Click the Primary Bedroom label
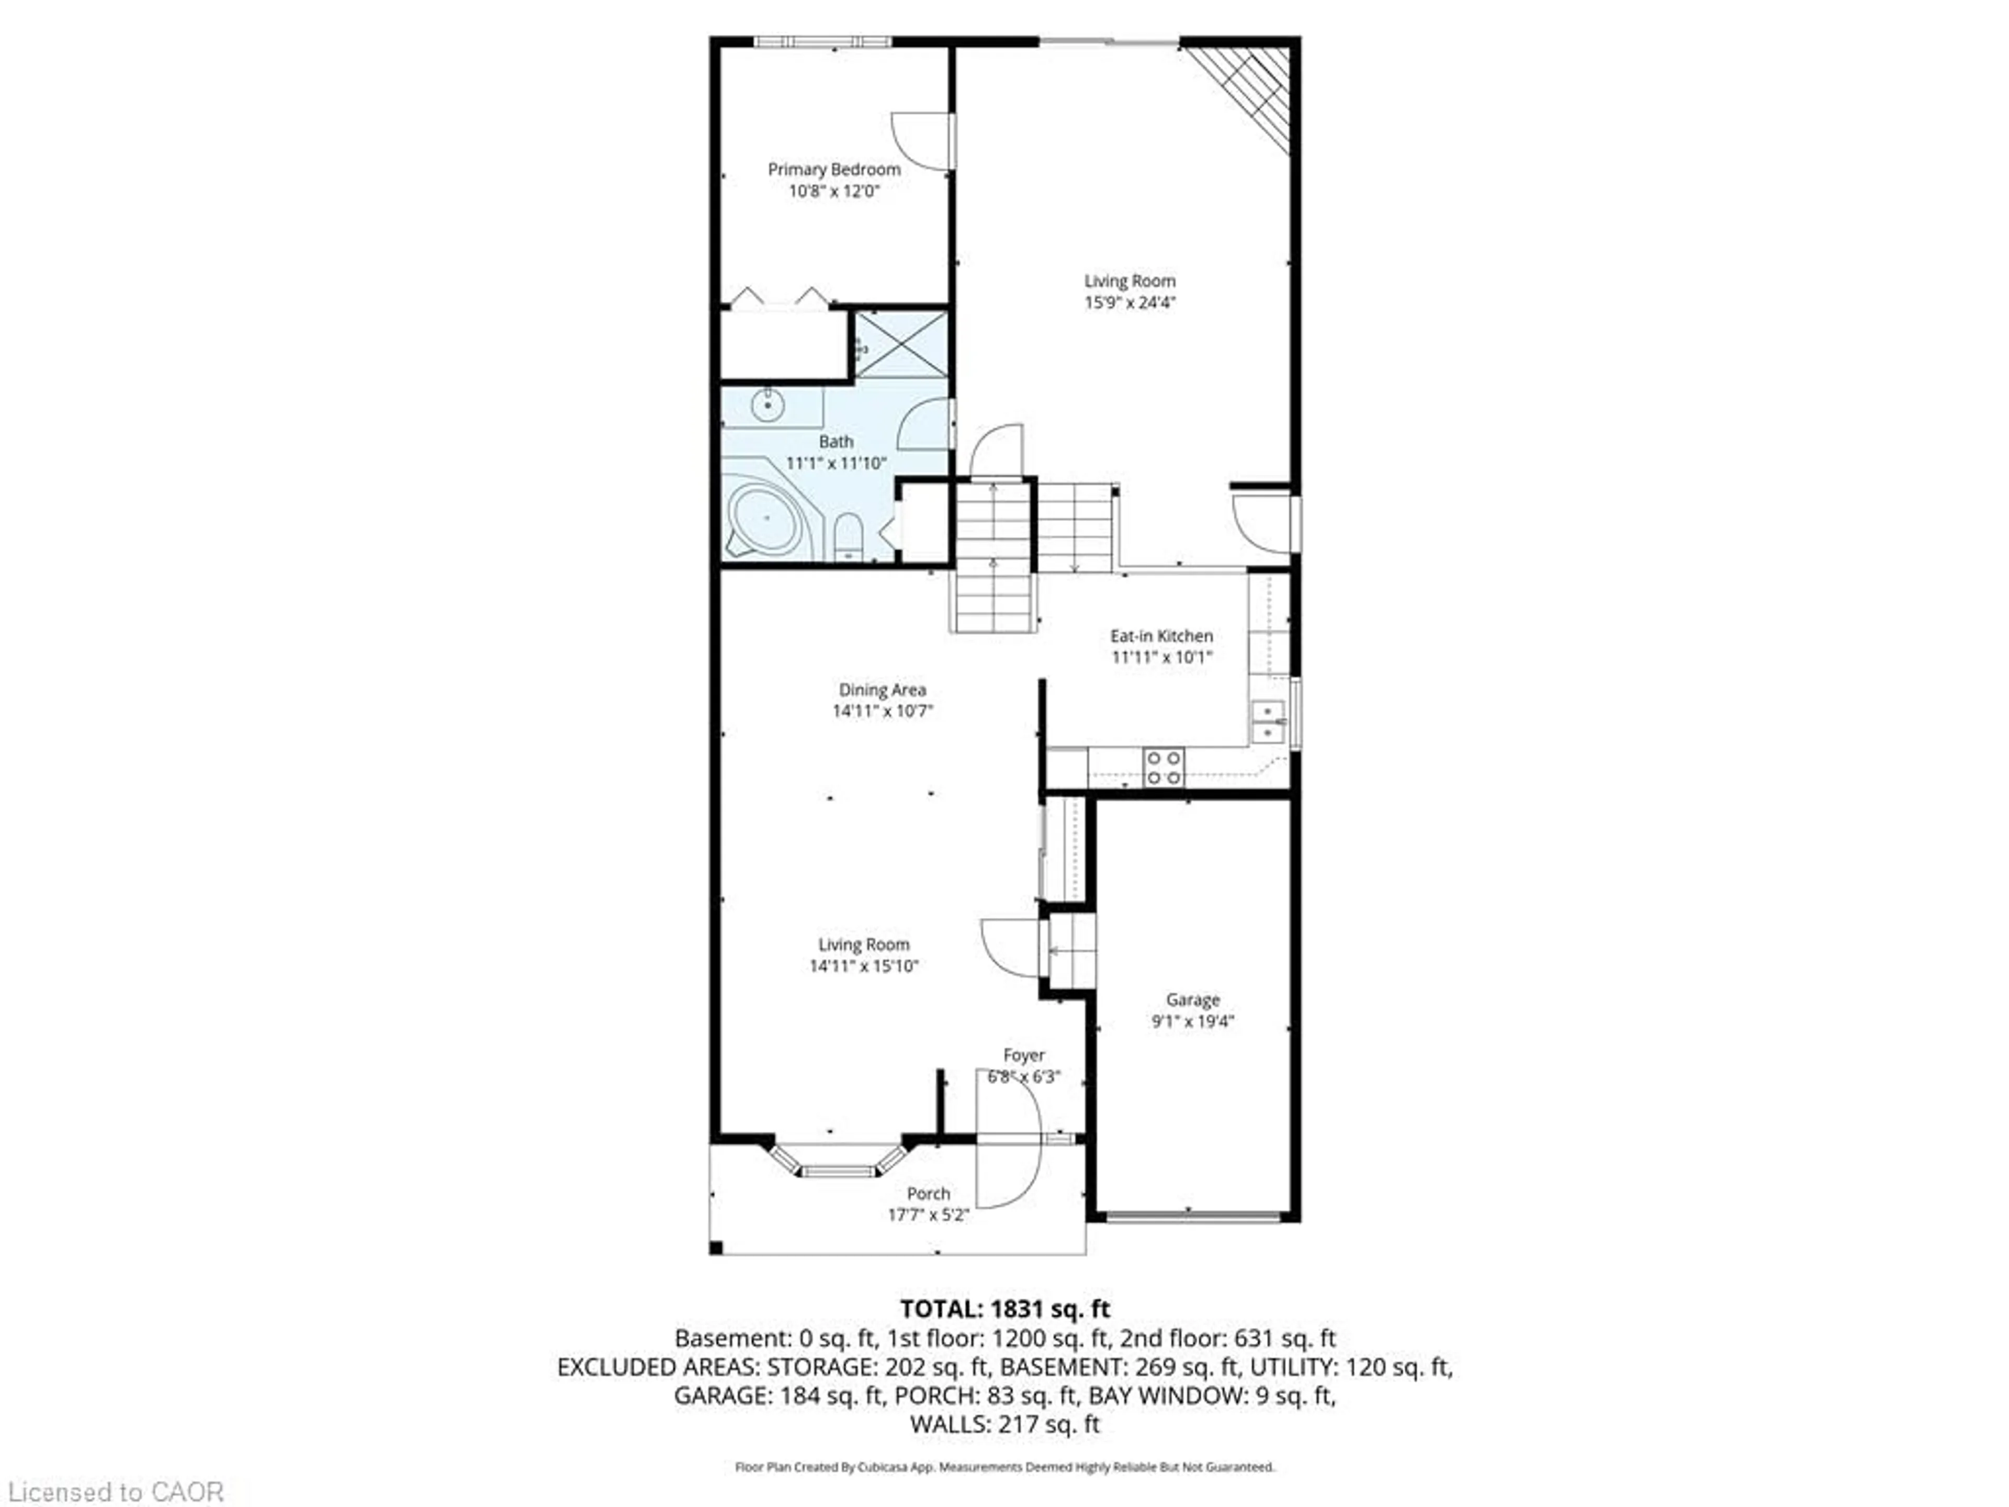[834, 170]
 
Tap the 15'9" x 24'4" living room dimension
[1130, 302]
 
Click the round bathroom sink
[769, 405]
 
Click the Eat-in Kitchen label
[1161, 636]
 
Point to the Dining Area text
[882, 690]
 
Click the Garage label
[1192, 999]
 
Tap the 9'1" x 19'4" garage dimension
[1192, 1021]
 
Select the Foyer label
[1023, 1055]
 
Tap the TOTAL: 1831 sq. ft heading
[1004, 1309]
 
